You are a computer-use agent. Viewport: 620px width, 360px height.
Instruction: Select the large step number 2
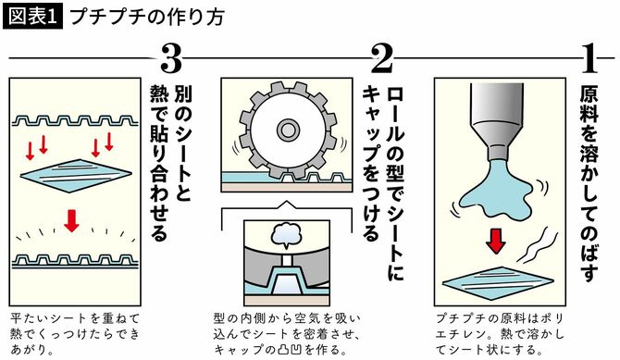382,59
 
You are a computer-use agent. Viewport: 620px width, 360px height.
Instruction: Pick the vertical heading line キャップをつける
372,157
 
